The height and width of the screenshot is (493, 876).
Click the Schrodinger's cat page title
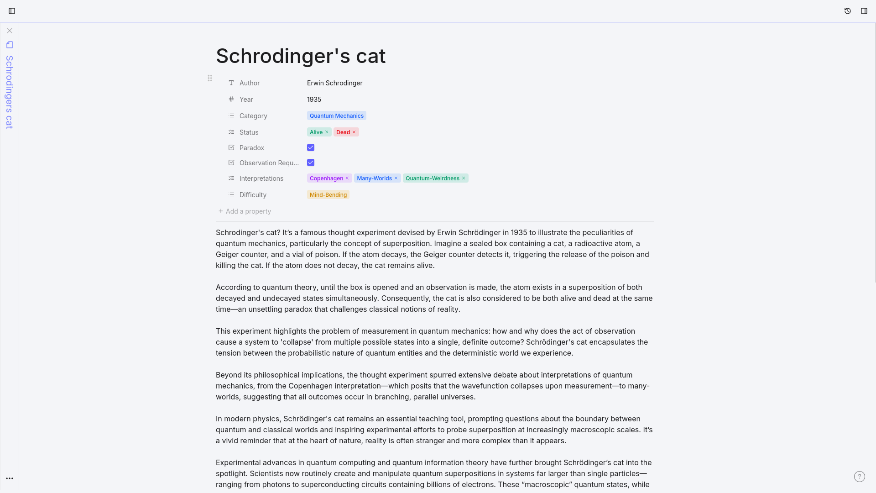pos(300,56)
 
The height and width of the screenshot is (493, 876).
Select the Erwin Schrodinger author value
pos(334,83)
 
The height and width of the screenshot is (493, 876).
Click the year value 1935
pos(314,100)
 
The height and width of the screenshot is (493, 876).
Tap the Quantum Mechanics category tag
pos(336,116)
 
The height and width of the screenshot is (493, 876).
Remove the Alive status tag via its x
pos(327,132)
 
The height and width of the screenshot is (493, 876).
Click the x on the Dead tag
pos(354,132)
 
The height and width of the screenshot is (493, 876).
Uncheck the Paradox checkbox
pos(311,147)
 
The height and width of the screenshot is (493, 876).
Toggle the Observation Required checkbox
pos(311,163)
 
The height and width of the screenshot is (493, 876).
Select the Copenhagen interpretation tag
pos(326,178)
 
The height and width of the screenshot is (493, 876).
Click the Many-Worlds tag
pos(374,178)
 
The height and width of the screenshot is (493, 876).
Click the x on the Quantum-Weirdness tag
pos(464,178)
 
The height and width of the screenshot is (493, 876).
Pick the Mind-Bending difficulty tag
pos(328,195)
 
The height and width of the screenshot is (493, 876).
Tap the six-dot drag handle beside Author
pos(210,79)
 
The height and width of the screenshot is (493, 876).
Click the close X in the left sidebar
pos(10,31)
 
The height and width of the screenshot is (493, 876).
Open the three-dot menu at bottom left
pos(10,478)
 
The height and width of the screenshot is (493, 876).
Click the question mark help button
pos(859,477)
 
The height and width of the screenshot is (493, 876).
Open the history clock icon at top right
pos(848,11)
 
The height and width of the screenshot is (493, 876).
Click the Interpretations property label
pos(261,178)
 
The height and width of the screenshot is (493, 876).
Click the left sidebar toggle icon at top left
pos(12,11)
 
